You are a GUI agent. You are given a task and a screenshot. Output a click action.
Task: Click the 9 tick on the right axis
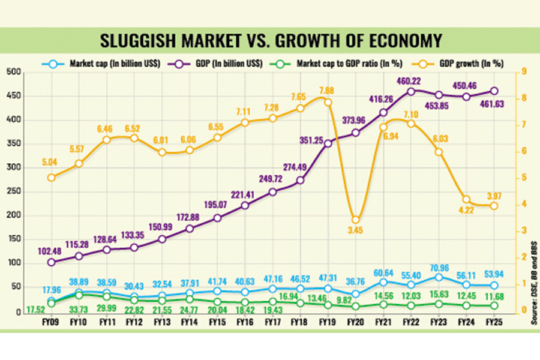point(523,73)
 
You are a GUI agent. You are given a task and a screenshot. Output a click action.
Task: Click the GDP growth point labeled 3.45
point(355,220)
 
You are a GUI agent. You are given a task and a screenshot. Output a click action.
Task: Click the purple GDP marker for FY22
point(411,92)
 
